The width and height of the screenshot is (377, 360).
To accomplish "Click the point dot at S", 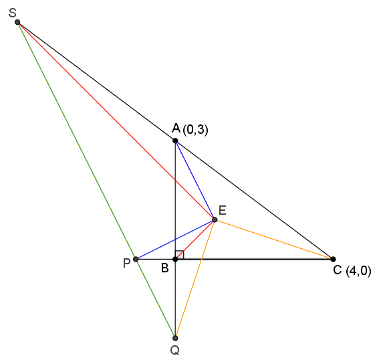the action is [17, 22].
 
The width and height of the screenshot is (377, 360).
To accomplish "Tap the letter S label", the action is [12, 13].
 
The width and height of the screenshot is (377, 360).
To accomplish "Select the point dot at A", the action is [175, 141].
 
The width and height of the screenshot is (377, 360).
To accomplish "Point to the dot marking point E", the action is [215, 219].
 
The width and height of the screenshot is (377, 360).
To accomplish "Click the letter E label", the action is [223, 210].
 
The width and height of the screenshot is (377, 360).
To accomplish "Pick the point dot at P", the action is [136, 259].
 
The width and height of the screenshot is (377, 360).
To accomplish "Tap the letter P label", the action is [127, 263].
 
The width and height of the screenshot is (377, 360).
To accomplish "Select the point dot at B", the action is [175, 259].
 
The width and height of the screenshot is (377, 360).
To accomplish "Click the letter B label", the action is [165, 268].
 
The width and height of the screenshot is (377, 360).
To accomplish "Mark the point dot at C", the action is [333, 259].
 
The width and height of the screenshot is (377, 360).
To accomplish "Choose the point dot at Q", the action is [175, 338].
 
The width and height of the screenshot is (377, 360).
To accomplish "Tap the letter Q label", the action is [174, 351].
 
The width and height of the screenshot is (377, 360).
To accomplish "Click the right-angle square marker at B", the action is [180, 255].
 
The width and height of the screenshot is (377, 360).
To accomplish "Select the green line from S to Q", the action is [96, 180].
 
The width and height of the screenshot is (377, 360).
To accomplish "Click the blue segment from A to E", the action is [195, 180].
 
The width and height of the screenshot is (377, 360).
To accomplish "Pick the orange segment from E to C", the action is [274, 240].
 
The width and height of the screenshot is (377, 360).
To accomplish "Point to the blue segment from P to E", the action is [175, 240].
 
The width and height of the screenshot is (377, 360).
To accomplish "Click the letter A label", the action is [176, 128].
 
